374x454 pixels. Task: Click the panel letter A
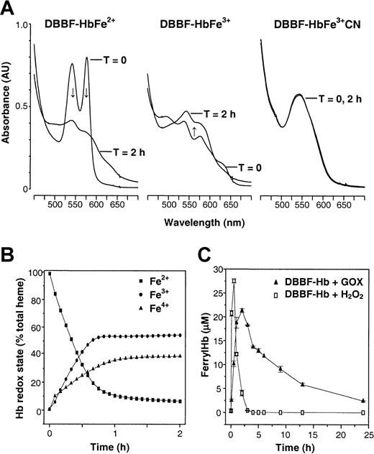pos(7,8)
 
